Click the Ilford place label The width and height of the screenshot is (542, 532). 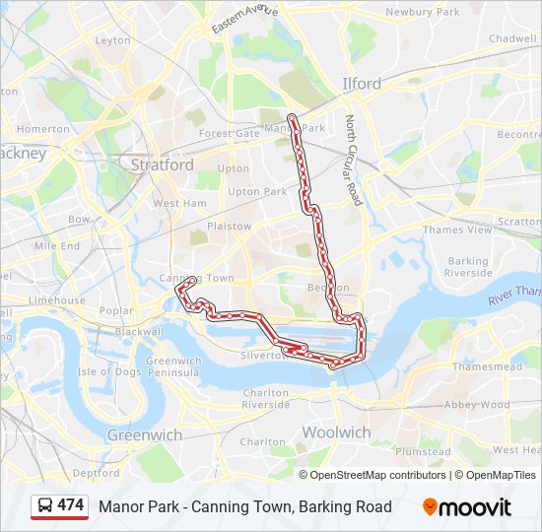[361, 84]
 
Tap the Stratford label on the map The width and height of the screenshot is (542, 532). [162, 165]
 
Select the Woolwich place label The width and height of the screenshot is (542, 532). [336, 432]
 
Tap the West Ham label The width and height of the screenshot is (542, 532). [179, 203]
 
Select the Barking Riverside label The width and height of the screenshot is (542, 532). [468, 267]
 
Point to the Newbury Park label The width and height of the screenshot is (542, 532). [423, 12]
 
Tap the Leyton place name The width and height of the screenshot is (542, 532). [113, 40]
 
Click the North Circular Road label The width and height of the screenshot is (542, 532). [353, 161]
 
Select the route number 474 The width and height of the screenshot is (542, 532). [71, 505]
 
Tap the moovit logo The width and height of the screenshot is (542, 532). [467, 507]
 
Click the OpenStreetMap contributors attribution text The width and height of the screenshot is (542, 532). [377, 475]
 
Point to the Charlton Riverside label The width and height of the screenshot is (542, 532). [265, 398]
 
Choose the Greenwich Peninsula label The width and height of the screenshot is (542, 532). [173, 366]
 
